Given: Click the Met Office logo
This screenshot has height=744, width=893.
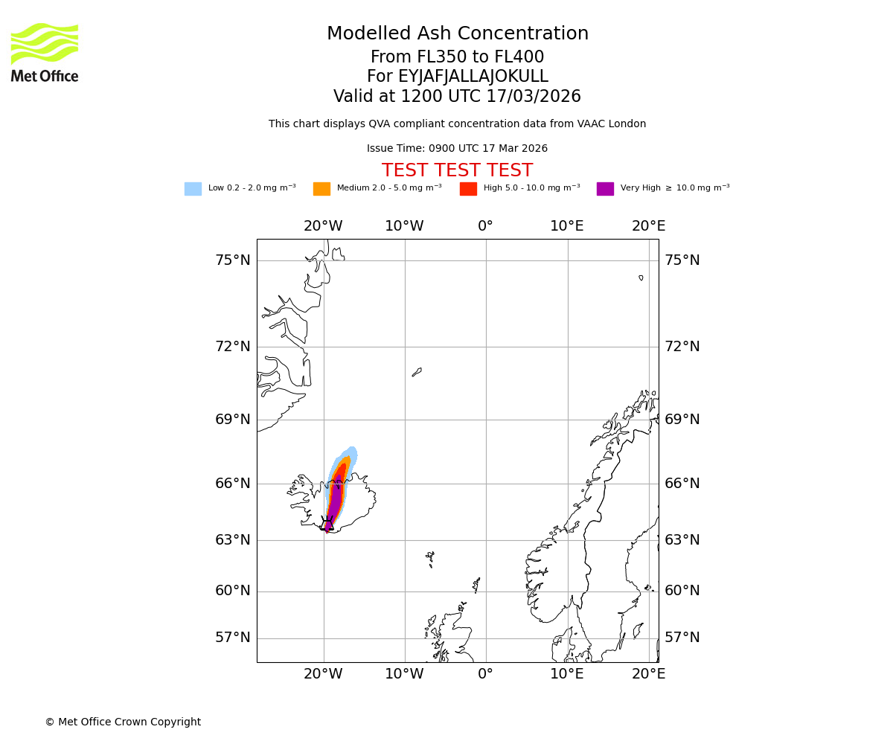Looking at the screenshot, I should [x=45, y=53].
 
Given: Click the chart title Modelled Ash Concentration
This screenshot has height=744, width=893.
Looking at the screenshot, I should [x=458, y=34].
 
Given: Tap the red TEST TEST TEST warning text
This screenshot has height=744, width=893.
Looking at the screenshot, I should [x=457, y=171].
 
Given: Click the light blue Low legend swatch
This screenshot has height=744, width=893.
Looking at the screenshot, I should [x=193, y=189].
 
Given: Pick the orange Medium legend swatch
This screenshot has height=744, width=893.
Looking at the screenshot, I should [x=321, y=189].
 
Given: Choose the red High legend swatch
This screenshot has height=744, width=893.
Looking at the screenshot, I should [x=468, y=189].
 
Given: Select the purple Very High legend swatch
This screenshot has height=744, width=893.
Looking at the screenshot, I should [x=605, y=189].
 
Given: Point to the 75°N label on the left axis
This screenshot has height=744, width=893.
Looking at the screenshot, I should [x=233, y=260].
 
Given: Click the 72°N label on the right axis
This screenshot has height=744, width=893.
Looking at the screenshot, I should [x=682, y=347].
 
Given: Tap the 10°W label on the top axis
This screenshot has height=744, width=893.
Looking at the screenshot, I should [x=404, y=226].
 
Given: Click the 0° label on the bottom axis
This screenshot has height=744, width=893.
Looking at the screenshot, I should [x=485, y=674].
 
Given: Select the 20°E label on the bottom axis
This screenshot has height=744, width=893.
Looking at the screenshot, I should [x=648, y=674].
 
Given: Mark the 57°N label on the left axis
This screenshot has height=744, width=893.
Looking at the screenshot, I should [x=233, y=638].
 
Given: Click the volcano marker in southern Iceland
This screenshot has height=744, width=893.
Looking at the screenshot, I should [x=327, y=523].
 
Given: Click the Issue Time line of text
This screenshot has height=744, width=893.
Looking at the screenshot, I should [x=457, y=149].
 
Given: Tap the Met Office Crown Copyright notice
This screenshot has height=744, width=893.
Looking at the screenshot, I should [x=123, y=722].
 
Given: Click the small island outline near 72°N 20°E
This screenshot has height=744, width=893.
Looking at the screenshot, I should [x=641, y=278].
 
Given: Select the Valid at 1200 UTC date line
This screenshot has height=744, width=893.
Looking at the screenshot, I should [x=457, y=97].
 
